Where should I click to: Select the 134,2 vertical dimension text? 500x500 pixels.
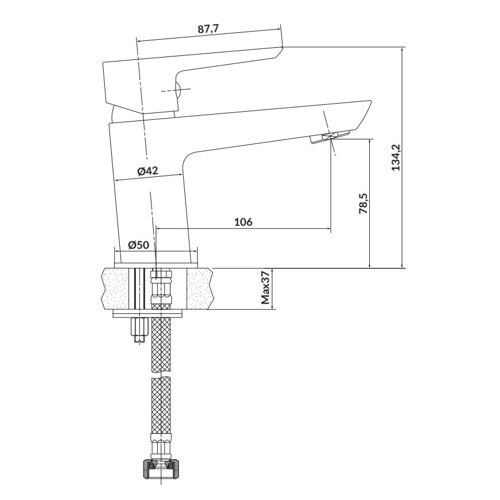[x=395, y=158]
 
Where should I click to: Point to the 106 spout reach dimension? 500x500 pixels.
[x=244, y=221]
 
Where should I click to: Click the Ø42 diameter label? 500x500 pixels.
[x=147, y=171]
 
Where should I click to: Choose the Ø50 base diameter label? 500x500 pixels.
[x=138, y=244]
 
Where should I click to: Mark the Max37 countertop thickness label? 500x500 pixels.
[x=266, y=288]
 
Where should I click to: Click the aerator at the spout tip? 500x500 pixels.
[x=331, y=137]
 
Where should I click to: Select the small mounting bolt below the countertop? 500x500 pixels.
[x=139, y=330]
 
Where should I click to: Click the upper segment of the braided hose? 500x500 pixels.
[x=161, y=343]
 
